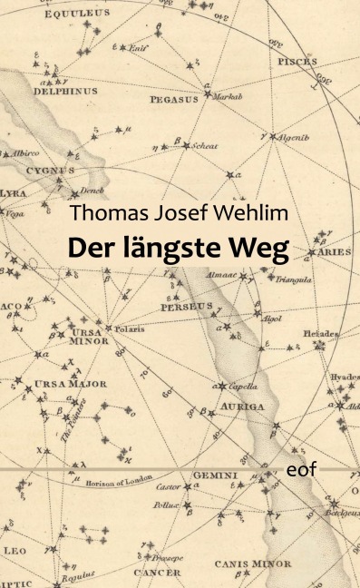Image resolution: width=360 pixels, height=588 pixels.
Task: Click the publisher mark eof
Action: click(300, 472)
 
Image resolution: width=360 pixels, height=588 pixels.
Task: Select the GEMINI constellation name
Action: click(214, 475)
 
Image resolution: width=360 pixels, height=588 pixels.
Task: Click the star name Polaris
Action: click(129, 329)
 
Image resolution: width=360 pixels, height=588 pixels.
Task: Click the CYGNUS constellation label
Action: click(50, 170)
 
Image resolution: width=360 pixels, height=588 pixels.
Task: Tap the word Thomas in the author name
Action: click(104, 215)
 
